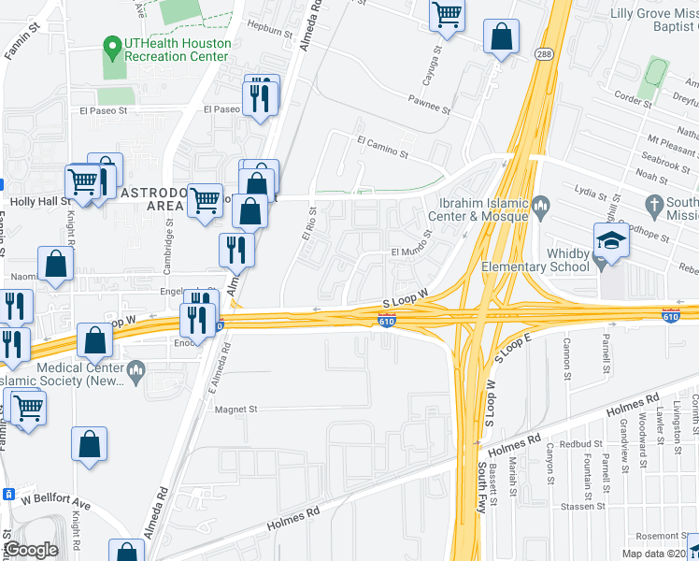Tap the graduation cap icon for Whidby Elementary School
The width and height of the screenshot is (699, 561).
click(x=613, y=240)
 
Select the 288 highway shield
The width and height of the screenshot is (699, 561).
click(x=543, y=55)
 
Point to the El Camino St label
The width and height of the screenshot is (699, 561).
click(x=382, y=145)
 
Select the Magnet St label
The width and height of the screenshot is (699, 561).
click(x=237, y=409)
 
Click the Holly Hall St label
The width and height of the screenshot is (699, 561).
click(x=41, y=201)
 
